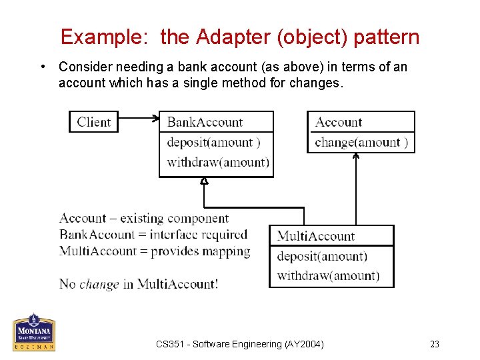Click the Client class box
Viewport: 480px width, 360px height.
click(x=93, y=121)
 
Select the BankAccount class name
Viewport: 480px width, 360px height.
click(x=205, y=122)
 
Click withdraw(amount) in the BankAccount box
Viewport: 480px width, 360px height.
click(x=217, y=162)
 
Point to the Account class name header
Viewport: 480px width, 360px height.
click(x=339, y=122)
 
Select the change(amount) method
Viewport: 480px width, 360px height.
click(x=361, y=142)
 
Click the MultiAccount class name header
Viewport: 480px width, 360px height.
click(x=316, y=236)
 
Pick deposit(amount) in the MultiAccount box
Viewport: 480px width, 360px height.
click(x=322, y=256)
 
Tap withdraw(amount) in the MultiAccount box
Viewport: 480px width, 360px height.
click(x=328, y=275)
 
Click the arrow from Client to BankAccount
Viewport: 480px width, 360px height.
click(x=139, y=119)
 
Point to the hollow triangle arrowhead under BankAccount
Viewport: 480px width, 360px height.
click(x=205, y=181)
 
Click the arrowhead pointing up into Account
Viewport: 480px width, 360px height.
click(x=355, y=157)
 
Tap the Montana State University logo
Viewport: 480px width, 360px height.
click(x=33, y=332)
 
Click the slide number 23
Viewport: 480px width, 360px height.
click(x=435, y=344)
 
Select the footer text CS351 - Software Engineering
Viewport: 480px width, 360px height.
click(x=240, y=344)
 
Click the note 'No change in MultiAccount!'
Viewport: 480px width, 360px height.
click(x=139, y=283)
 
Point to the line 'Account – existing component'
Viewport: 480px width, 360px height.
click(x=144, y=218)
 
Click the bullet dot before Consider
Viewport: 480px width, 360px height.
click(x=43, y=67)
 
